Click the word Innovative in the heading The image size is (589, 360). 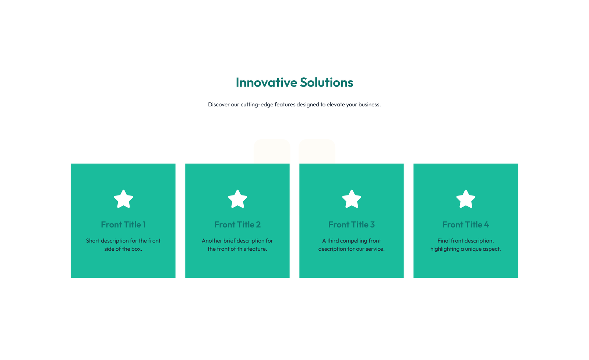(266, 82)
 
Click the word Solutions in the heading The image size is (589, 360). (326, 82)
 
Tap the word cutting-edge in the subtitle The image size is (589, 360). (257, 105)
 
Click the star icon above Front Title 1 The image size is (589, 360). (123, 199)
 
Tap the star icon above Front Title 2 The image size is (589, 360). (237, 199)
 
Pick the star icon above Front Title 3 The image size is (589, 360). (352, 199)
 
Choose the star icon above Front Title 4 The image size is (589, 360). (466, 199)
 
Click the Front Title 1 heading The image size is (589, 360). (123, 225)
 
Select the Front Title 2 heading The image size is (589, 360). (237, 225)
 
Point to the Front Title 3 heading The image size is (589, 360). (352, 225)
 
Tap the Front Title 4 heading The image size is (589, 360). (466, 225)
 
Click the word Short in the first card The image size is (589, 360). (93, 241)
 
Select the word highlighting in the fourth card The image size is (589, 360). (445, 249)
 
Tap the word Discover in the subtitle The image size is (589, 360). (219, 105)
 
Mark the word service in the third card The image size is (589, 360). (374, 249)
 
